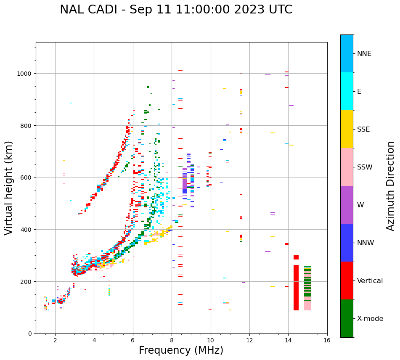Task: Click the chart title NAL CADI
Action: point(176,10)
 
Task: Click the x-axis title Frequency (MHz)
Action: point(181,350)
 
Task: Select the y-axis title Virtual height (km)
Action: point(9,188)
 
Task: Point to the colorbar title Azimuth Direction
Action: point(391,186)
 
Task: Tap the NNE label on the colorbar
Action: point(364,54)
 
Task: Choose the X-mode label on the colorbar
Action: point(370,319)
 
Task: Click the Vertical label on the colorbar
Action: point(370,281)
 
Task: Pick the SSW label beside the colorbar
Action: point(365,167)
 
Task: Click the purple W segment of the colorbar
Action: point(347,205)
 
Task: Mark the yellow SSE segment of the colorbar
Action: point(347,129)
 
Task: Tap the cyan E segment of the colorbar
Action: point(347,91)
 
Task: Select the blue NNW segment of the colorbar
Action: point(347,243)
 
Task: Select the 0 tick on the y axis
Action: point(30,334)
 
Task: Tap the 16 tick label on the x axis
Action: point(327,341)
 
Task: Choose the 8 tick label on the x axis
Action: point(172,341)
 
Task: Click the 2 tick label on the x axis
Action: point(55,341)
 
